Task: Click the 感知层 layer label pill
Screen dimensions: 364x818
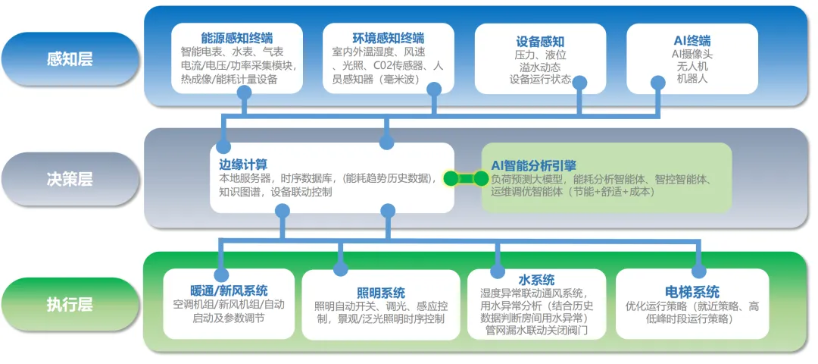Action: [x=70, y=58]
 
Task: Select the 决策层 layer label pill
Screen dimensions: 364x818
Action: [x=70, y=179]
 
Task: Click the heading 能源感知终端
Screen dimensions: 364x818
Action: [x=237, y=38]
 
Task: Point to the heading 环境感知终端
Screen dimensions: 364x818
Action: [x=389, y=38]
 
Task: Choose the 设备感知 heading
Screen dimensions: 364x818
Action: [x=540, y=41]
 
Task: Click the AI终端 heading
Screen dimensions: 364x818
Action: [x=692, y=40]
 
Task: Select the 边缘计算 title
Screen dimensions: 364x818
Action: [x=239, y=164]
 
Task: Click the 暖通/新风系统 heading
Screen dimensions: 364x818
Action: [x=229, y=290]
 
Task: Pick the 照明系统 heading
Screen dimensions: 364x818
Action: [x=380, y=293]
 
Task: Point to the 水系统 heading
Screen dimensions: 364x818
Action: [x=536, y=279]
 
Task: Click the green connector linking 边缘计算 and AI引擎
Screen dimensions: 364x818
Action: [x=466, y=179]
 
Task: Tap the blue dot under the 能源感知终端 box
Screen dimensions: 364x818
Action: [x=244, y=92]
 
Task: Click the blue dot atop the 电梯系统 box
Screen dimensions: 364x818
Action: [x=698, y=271]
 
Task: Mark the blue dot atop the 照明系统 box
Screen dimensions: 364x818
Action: [x=341, y=268]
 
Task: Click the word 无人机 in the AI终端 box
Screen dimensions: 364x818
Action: [x=692, y=66]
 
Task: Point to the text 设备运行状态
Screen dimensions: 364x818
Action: [x=540, y=79]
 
